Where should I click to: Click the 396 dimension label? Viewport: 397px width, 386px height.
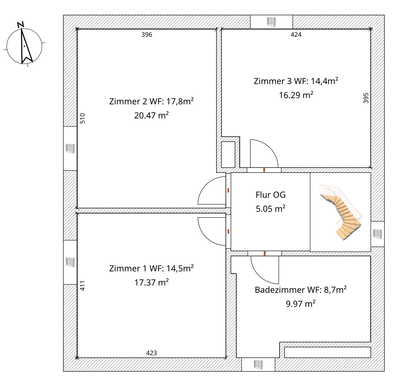(x=147, y=35)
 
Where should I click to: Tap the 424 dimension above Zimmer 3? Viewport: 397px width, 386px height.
(x=296, y=35)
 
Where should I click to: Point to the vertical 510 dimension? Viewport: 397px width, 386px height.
(x=83, y=118)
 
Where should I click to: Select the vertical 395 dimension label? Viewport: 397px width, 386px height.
(x=366, y=98)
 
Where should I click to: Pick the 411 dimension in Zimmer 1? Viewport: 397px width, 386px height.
(x=83, y=285)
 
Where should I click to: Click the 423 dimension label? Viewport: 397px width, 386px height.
(x=151, y=353)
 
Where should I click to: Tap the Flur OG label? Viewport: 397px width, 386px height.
(x=270, y=195)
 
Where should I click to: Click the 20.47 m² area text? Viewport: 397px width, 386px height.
(x=151, y=115)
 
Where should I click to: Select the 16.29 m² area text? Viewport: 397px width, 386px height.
(x=296, y=95)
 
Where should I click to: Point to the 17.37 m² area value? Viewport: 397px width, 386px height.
(x=151, y=282)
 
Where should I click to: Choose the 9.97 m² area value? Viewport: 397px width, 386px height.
(x=300, y=304)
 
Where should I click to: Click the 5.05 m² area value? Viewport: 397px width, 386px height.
(x=270, y=209)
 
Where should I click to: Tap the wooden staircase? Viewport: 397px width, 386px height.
(x=341, y=212)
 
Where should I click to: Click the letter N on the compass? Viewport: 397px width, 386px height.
(x=21, y=24)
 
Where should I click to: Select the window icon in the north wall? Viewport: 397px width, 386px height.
(x=271, y=21)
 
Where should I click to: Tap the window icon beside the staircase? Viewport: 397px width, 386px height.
(x=377, y=234)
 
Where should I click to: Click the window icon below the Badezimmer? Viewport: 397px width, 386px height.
(x=258, y=365)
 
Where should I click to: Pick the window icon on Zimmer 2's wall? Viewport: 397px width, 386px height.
(x=70, y=148)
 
